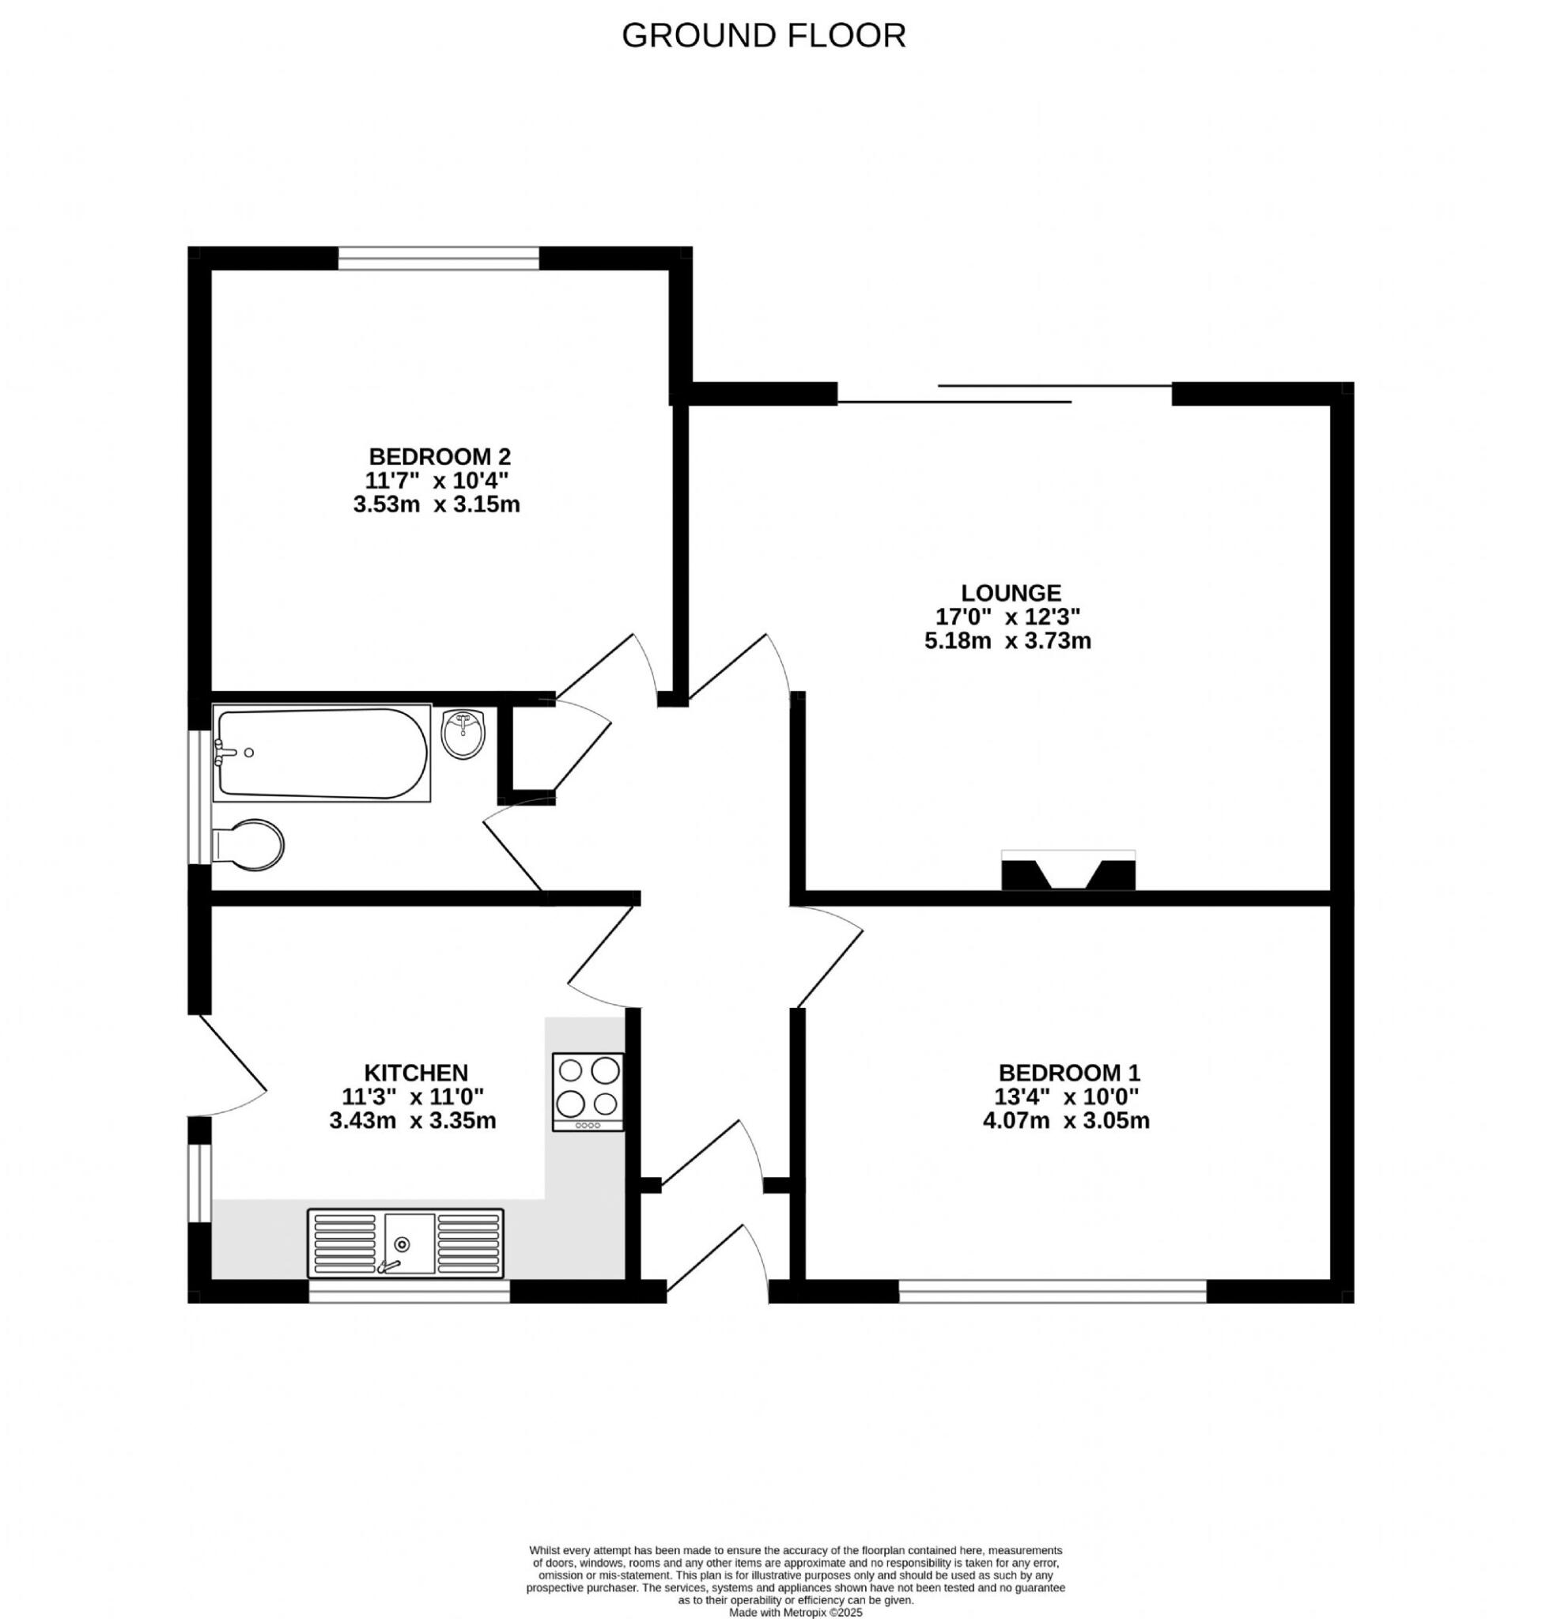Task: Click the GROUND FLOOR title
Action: coord(763,36)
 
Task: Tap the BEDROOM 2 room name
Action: coord(440,456)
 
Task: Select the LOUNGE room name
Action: coord(1011,593)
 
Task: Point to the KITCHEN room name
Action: coord(416,1073)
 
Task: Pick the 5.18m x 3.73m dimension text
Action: coord(1007,641)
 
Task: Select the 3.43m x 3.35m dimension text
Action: coord(413,1121)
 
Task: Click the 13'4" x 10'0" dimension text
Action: coord(1067,1097)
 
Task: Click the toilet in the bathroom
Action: coord(251,844)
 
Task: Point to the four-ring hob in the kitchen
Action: coord(588,1092)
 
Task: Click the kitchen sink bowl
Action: coord(410,1243)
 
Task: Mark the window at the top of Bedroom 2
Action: coord(439,258)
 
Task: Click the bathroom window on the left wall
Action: coord(200,796)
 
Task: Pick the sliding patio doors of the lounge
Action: coord(1004,394)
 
